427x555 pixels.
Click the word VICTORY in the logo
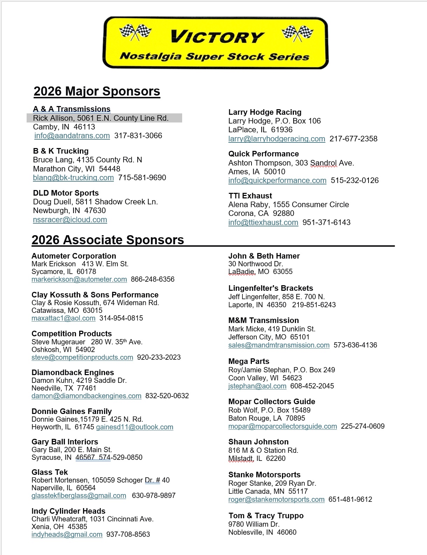pos(217,37)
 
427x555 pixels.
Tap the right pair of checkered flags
pos(297,33)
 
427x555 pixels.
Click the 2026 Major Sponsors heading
pos(97,91)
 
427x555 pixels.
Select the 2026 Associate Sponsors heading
pos(108,240)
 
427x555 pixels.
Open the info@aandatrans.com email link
pos(72,136)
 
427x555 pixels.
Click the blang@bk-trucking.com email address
pos(73,178)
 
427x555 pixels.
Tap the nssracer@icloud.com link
pos(70,220)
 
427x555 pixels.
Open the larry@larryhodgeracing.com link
pos(277,139)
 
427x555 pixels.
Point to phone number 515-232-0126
pos(354,181)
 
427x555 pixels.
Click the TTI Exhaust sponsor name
pos(250,196)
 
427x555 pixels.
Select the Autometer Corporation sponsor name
pos(74,256)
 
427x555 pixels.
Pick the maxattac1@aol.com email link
pos(63,318)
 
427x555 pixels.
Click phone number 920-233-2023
pos(159,358)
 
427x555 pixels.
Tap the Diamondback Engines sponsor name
pos(73,373)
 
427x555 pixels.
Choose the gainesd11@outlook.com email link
pos(135,427)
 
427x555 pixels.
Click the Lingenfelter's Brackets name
pos(270,288)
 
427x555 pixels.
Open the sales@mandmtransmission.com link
pos(279,345)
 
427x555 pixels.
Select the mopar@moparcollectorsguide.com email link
pos(282,427)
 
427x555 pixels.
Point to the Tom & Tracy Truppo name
pos(266,516)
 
